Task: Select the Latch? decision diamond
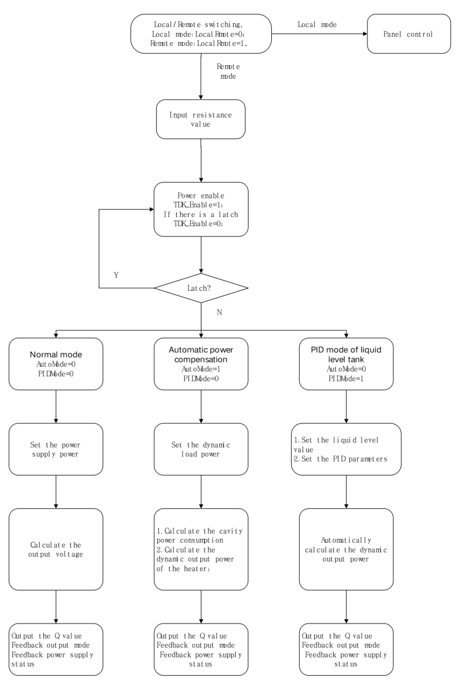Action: [x=201, y=288]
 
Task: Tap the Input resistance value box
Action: [x=201, y=119]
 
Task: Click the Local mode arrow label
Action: [x=317, y=25]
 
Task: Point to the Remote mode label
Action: [x=228, y=71]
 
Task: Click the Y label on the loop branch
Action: [x=116, y=275]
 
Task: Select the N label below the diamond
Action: [x=219, y=312]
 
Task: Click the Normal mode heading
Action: [x=56, y=354]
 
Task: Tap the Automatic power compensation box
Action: [x=201, y=364]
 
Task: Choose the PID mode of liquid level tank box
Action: [x=346, y=364]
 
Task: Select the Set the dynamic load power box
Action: [x=201, y=449]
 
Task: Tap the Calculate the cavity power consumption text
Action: [x=199, y=536]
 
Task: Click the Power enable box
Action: [x=201, y=209]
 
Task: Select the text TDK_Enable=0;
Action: [x=198, y=224]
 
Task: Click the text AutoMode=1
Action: [x=201, y=369]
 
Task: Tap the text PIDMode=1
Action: [x=346, y=378]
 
